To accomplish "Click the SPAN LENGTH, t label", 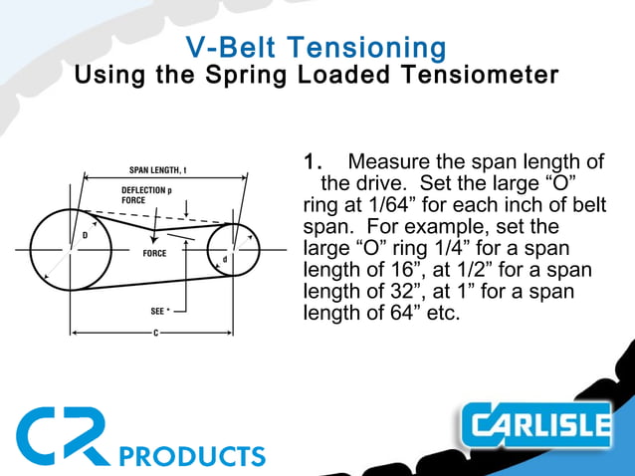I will pyautogui.click(x=158, y=169).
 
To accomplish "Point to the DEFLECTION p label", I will pyautogui.click(x=146, y=190).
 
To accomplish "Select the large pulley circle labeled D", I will pyautogui.click(x=69, y=248).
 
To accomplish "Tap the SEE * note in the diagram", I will pyautogui.click(x=160, y=311).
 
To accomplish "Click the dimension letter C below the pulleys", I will pyautogui.click(x=156, y=332).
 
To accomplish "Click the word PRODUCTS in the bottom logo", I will pyautogui.click(x=191, y=456).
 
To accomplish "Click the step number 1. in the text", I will pyautogui.click(x=314, y=161).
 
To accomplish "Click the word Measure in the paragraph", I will pyautogui.click(x=386, y=161).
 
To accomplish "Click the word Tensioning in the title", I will pyautogui.click(x=379, y=47).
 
